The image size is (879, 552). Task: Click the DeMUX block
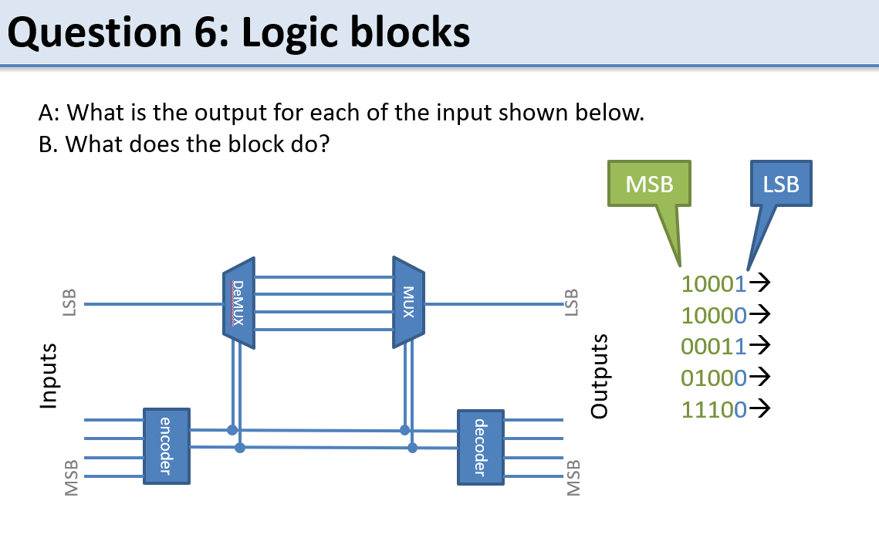238,302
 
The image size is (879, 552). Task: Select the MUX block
408,302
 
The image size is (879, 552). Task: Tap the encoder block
167,446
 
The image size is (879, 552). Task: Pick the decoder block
480,447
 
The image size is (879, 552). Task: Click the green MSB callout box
649,184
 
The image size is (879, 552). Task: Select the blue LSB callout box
780,184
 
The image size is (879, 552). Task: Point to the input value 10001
714,284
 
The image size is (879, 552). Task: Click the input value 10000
714,315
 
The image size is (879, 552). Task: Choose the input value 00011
714,347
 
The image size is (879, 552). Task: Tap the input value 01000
714,378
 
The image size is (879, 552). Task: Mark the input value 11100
714,409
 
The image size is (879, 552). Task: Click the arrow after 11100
760,409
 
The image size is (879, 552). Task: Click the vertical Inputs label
49,375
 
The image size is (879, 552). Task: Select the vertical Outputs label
600,375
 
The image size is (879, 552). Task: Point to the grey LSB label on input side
69,303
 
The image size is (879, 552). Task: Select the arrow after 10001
760,284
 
